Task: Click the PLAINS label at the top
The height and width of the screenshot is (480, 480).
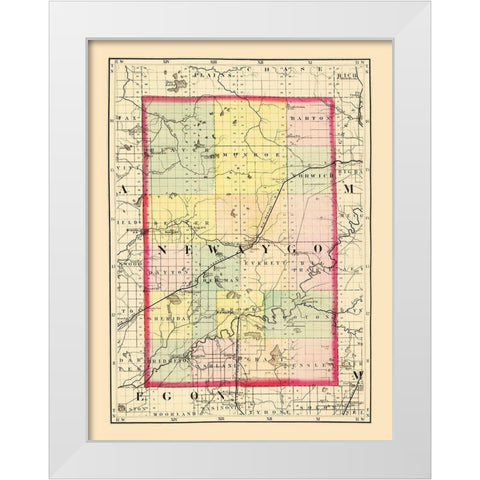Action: click(207, 74)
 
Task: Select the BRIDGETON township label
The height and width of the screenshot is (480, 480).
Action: click(163, 355)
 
